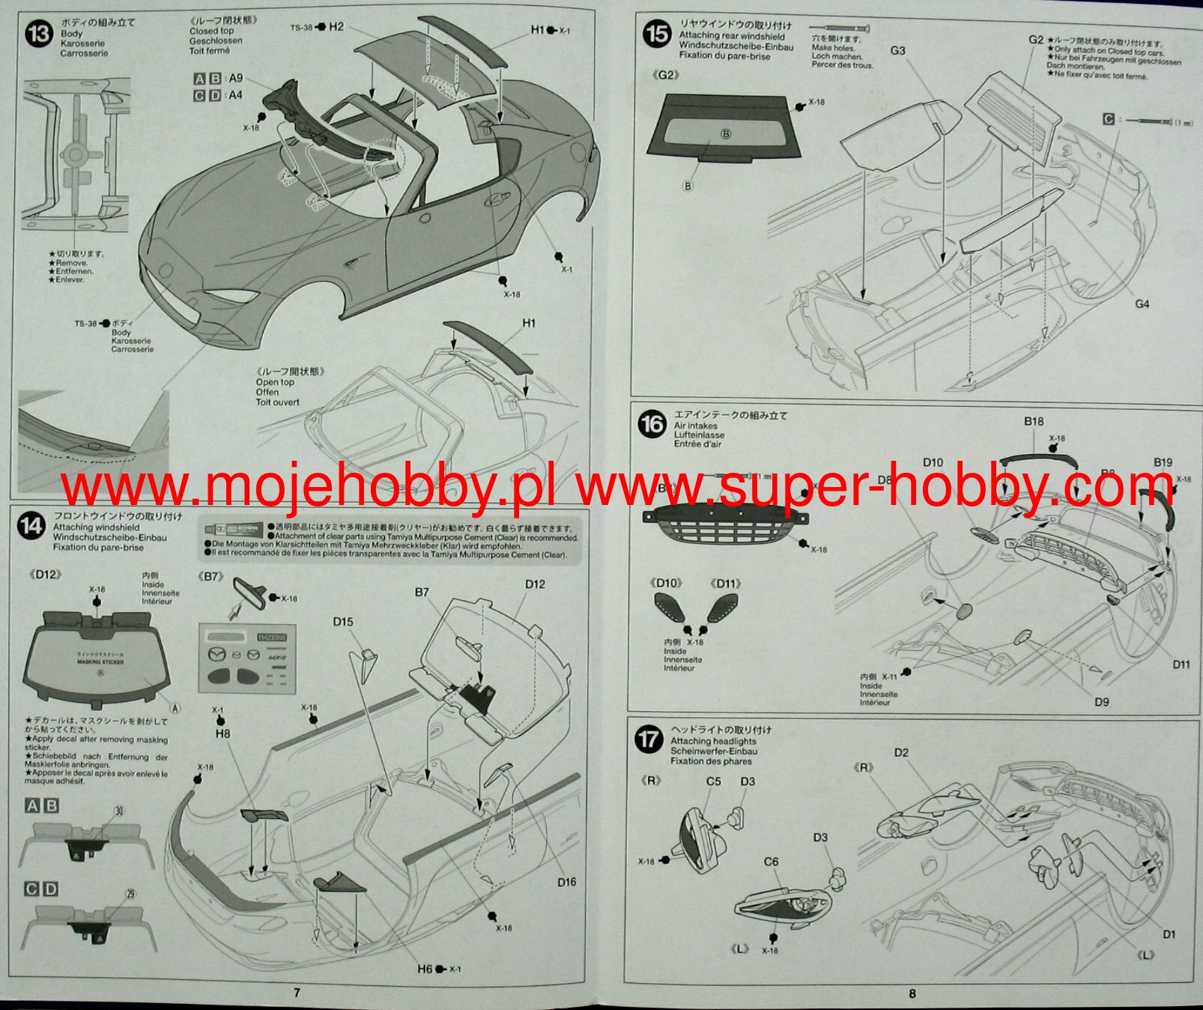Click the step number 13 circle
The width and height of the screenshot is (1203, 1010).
(x=38, y=34)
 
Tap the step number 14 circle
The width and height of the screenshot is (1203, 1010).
(x=31, y=526)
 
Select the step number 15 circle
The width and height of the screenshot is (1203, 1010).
(x=658, y=34)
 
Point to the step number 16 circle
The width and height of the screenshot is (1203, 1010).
(x=652, y=425)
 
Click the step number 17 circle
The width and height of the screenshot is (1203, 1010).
(x=648, y=740)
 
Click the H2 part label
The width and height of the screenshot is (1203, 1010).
(x=336, y=27)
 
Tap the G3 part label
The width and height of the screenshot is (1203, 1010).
(x=897, y=51)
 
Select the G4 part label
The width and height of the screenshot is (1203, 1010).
(x=1142, y=304)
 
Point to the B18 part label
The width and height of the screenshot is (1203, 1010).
(x=1034, y=422)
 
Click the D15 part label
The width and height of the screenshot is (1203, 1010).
(x=343, y=622)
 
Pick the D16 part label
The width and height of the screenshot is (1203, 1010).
(x=566, y=882)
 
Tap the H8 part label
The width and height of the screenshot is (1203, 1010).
(x=222, y=734)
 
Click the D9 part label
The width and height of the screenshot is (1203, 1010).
(x=1100, y=702)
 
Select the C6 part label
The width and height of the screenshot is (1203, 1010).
(x=771, y=862)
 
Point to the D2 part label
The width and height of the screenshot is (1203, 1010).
(x=900, y=752)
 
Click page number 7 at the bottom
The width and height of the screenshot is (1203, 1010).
(x=297, y=993)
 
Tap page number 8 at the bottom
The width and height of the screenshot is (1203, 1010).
(x=912, y=994)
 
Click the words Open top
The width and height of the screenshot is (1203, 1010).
(x=275, y=382)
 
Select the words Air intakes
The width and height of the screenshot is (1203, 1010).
(x=695, y=426)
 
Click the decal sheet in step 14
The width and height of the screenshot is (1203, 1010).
(x=247, y=657)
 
